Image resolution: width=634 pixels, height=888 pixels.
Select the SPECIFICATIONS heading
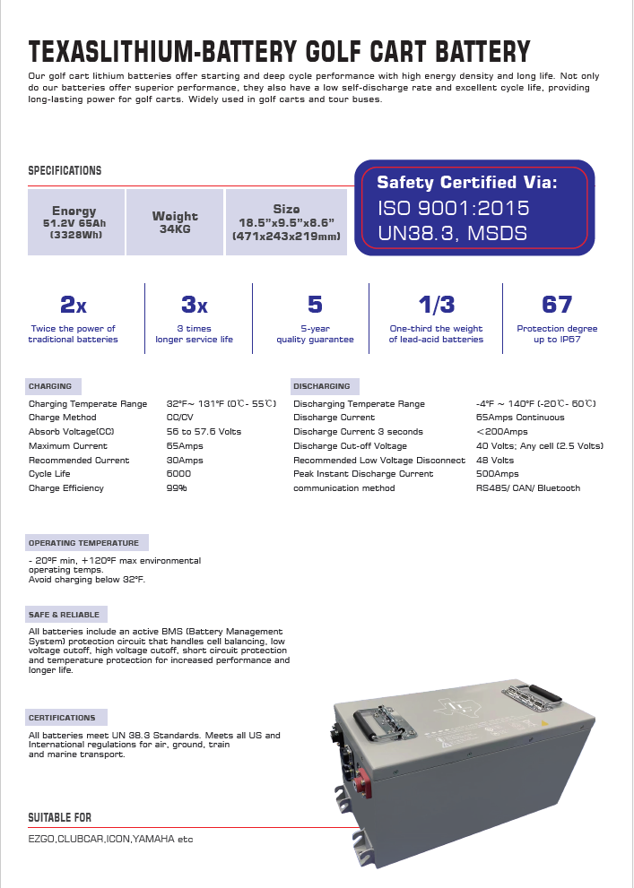click(65, 170)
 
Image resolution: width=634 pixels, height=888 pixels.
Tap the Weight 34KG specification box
click(175, 221)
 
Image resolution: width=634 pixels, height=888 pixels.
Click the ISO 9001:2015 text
click(453, 208)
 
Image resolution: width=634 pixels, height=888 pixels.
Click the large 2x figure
click(73, 305)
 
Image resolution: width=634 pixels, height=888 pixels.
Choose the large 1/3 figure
click(436, 305)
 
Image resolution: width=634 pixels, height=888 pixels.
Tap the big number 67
click(557, 305)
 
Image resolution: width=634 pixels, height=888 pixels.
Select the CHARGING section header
click(50, 386)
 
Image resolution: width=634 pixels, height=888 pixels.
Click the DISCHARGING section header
click(321, 386)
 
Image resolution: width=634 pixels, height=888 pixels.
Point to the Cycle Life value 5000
click(178, 474)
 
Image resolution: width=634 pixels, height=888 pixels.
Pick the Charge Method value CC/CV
click(181, 418)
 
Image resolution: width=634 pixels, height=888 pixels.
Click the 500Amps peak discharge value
click(497, 474)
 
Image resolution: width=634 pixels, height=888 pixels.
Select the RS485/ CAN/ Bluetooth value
click(527, 488)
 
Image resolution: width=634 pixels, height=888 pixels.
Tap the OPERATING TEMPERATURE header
click(83, 543)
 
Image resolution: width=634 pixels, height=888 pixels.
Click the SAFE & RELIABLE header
click(64, 615)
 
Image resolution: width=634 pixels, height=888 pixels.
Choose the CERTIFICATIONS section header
click(62, 718)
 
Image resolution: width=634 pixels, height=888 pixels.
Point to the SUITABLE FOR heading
click(59, 817)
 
